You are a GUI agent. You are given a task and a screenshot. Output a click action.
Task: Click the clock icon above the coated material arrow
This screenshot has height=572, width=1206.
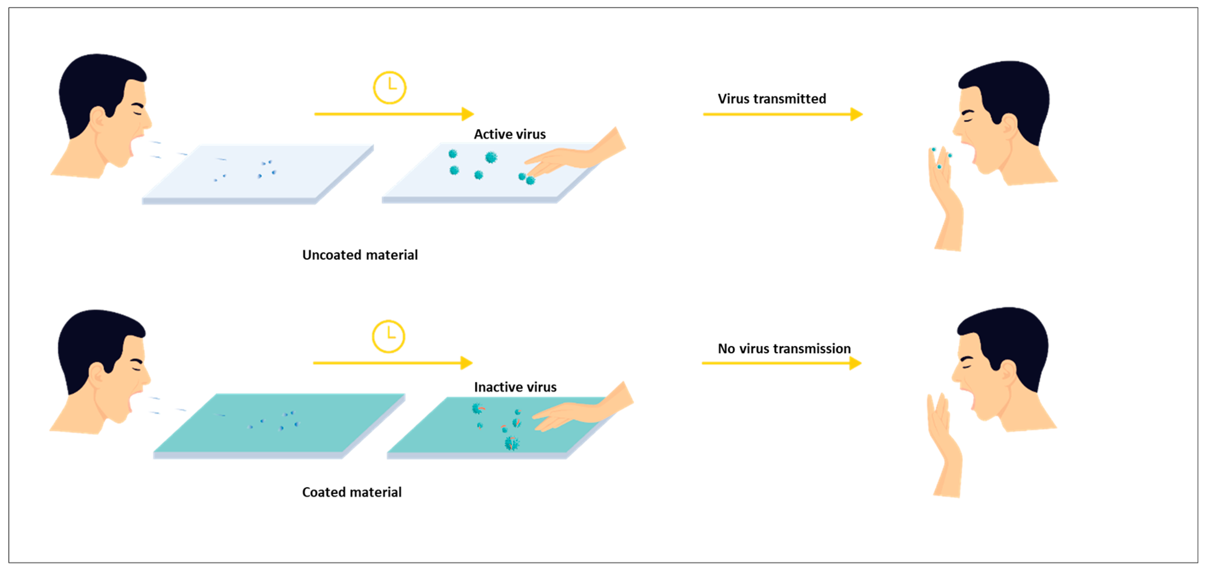click(x=388, y=337)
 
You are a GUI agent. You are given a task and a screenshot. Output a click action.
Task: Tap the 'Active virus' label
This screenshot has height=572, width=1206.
click(x=509, y=134)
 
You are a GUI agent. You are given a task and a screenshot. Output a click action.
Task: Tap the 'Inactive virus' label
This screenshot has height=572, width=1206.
click(x=515, y=387)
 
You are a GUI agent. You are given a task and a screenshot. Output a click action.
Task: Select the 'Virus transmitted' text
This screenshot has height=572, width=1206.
click(x=772, y=99)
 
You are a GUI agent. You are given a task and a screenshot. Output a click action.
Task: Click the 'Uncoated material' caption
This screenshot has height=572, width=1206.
click(x=360, y=255)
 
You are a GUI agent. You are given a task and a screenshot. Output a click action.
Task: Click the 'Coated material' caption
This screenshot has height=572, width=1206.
click(x=351, y=492)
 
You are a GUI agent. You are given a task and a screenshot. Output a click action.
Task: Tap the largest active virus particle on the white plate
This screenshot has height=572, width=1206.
click(x=491, y=157)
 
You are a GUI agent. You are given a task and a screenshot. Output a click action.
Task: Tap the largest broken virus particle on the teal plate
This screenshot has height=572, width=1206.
click(x=511, y=443)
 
